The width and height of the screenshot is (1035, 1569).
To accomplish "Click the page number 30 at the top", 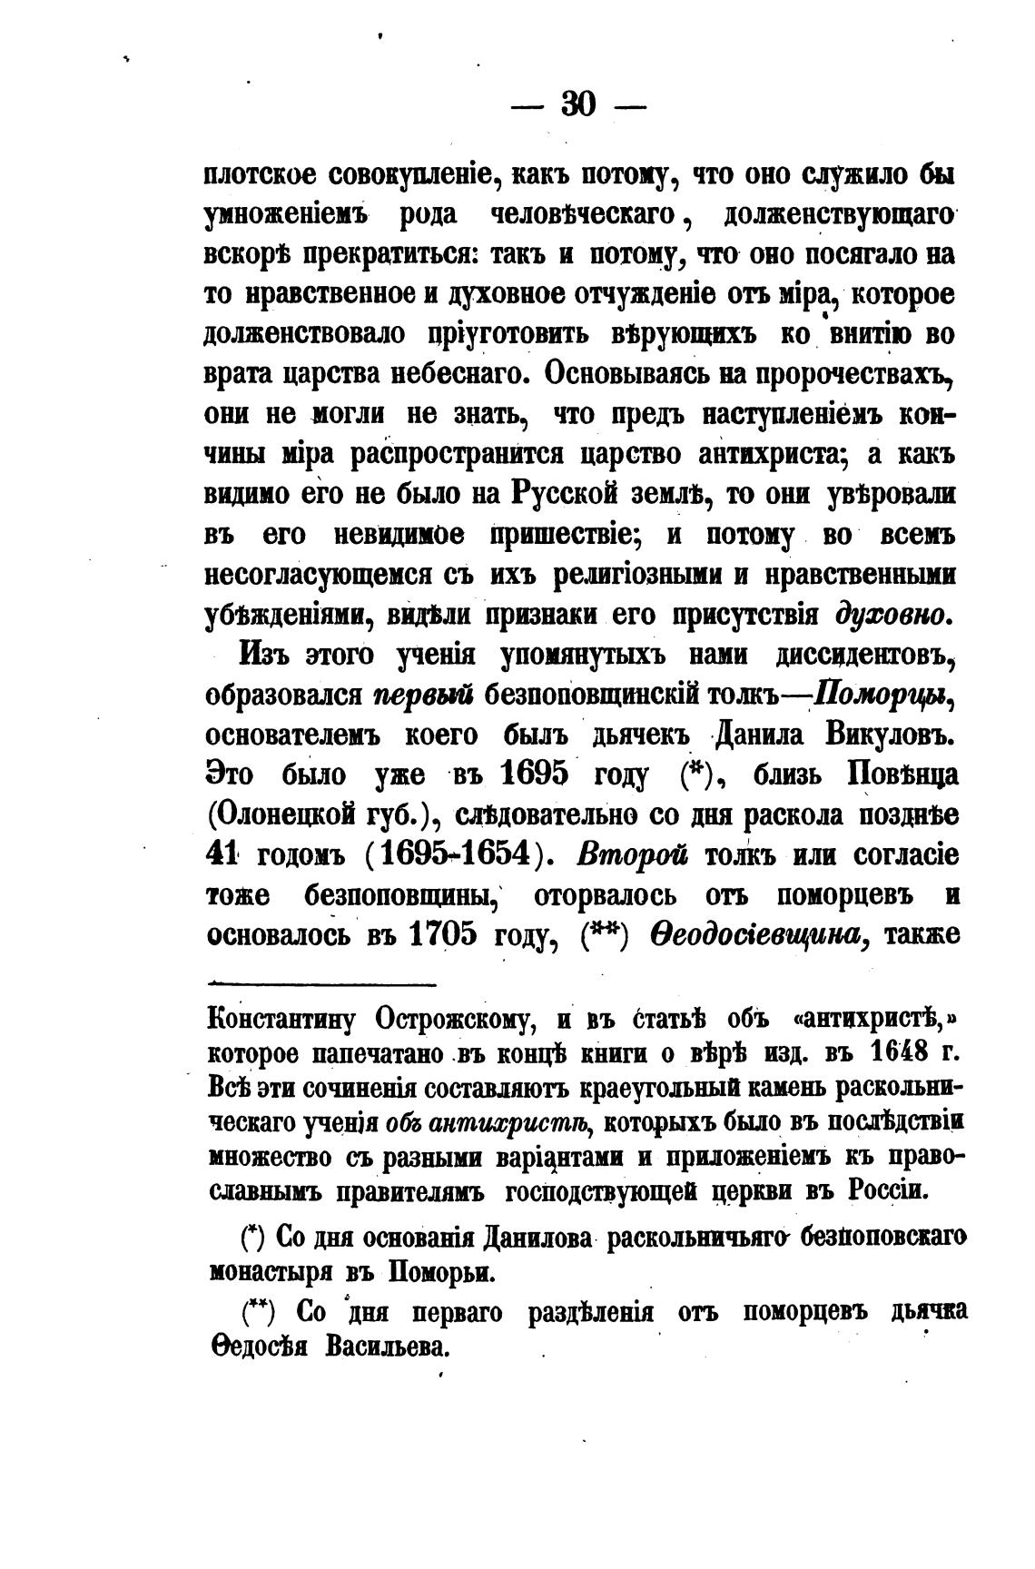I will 578,104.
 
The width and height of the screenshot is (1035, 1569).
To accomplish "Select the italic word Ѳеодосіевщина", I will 761,935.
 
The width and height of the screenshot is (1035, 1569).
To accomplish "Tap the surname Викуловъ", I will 878,736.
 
